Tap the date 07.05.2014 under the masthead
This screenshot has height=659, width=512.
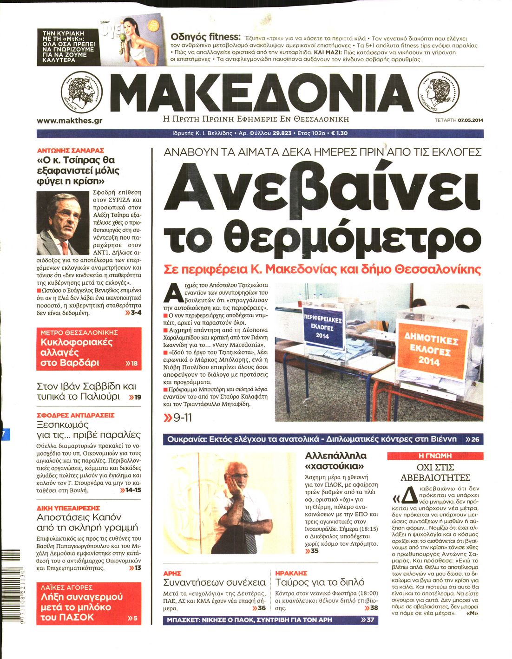tap(470, 121)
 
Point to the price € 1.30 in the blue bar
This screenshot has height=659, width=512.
tap(339, 133)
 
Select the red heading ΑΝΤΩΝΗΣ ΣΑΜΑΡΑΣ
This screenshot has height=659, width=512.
tap(70, 150)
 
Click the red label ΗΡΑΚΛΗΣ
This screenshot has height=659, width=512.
tap(291, 573)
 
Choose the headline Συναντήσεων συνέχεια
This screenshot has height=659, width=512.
tap(214, 582)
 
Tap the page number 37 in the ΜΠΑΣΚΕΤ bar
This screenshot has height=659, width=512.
tap(370, 620)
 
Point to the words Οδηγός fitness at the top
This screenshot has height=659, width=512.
tap(205, 37)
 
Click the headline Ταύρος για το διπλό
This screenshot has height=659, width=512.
tap(320, 582)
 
